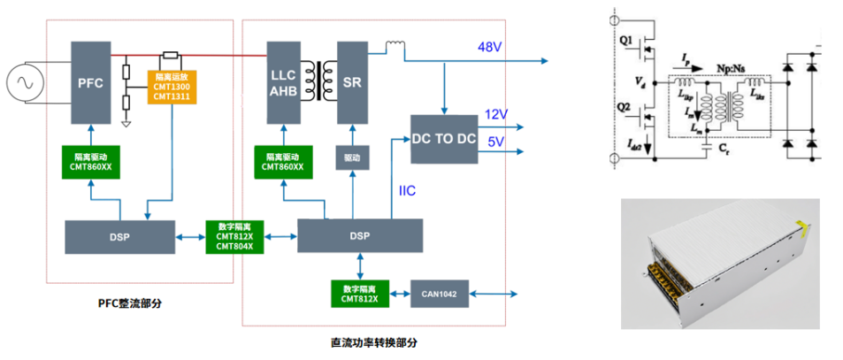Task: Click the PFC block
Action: [x=90, y=82]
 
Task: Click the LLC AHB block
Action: [x=283, y=82]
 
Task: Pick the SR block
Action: [x=352, y=82]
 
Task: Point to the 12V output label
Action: [x=495, y=115]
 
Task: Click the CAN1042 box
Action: [x=440, y=293]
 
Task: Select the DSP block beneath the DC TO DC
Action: [x=360, y=236]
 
